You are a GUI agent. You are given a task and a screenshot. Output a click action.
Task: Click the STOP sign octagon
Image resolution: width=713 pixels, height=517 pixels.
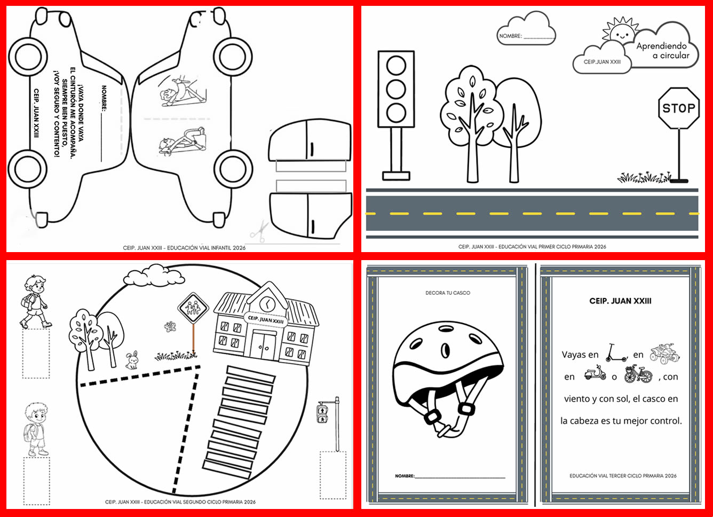679,108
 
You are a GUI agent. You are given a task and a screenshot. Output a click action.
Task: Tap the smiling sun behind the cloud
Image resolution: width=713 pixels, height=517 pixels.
620,31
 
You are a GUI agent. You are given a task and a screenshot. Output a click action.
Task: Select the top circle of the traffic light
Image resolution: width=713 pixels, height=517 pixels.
396,66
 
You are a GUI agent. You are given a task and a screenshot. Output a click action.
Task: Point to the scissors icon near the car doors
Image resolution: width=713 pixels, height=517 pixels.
259,231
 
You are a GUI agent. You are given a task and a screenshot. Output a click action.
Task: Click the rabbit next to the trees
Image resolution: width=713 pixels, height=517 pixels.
132,361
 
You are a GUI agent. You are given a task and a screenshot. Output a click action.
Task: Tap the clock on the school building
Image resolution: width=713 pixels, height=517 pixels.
267,304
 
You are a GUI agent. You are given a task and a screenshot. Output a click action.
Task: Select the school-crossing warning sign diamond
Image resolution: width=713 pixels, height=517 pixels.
193,308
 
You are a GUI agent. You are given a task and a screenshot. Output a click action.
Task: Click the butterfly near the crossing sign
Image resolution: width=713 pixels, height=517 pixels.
170,326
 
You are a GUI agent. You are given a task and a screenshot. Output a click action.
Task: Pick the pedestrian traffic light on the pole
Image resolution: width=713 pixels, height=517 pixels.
322,412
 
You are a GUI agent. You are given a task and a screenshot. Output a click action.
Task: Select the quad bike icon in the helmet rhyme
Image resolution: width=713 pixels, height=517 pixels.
664,353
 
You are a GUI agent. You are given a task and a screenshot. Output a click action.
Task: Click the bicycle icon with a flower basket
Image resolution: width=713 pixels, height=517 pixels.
638,374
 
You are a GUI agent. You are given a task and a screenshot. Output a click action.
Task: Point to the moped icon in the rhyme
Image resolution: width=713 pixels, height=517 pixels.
595,372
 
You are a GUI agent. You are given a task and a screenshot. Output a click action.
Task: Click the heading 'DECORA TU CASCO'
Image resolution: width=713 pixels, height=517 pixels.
448,293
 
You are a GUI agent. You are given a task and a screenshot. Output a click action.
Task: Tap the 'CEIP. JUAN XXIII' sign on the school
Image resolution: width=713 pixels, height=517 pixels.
266,319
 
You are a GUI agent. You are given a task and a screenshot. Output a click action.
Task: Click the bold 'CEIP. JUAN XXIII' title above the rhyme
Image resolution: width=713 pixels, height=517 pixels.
620,301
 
